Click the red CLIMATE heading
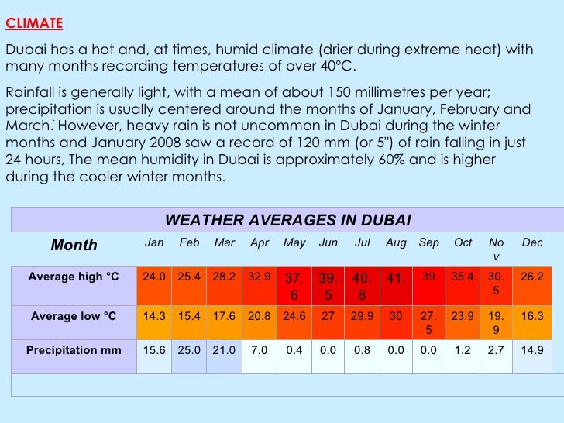coord(34,23)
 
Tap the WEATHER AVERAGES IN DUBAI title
coord(288,219)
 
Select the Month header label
coord(74,246)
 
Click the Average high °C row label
coord(74,277)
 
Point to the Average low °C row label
coord(74,316)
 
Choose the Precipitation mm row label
coord(74,350)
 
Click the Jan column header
coord(154,242)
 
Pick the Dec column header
coord(532,242)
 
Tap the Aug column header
coord(396,242)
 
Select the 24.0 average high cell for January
coord(154,277)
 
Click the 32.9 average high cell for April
coord(259,277)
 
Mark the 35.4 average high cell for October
coord(463,277)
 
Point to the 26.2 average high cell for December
coord(532,277)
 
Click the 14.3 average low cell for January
coord(154,316)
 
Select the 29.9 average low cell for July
coord(362,316)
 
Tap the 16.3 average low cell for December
coord(532,316)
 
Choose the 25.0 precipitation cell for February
coord(189,350)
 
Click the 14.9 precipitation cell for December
coord(532,350)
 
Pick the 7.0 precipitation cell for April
coord(259,350)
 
